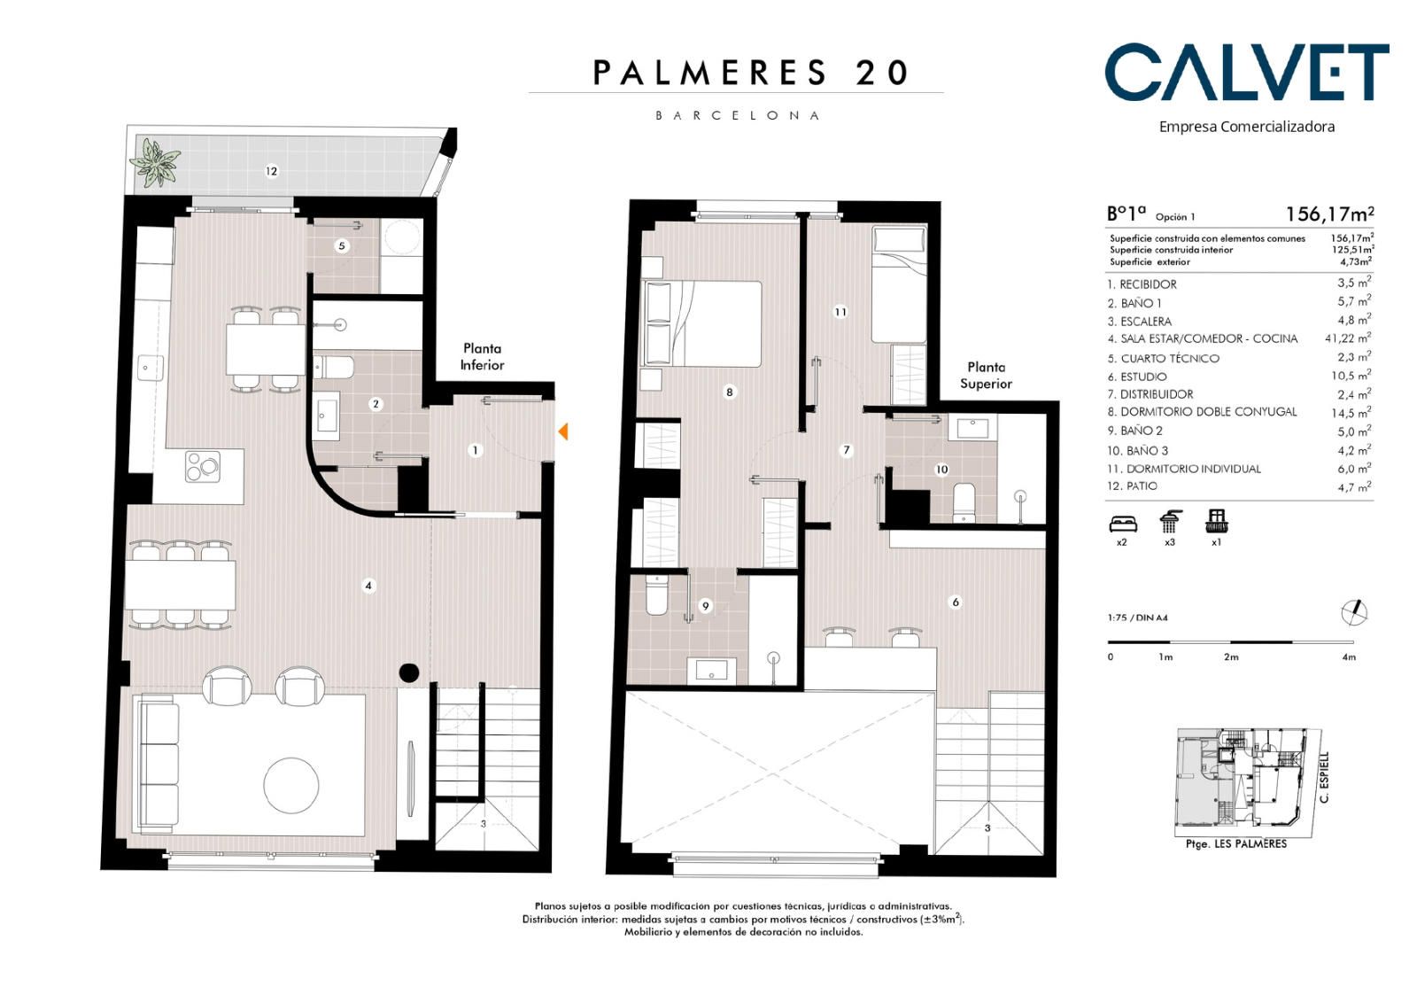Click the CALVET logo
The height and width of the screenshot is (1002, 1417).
pyautogui.click(x=1246, y=72)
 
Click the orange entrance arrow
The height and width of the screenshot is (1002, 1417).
pyautogui.click(x=562, y=431)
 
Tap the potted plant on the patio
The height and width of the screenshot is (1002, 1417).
pyautogui.click(x=155, y=162)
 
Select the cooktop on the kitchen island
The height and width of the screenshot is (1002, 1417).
pyautogui.click(x=203, y=467)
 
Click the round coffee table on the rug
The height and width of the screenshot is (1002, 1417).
pyautogui.click(x=291, y=786)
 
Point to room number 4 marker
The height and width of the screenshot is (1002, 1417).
pyautogui.click(x=368, y=586)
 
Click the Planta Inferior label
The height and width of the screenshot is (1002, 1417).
pyautogui.click(x=482, y=357)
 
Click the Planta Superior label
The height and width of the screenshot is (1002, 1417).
pyautogui.click(x=987, y=376)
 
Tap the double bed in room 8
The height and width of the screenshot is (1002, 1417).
pyautogui.click(x=701, y=324)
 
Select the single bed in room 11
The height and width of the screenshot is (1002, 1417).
pyautogui.click(x=899, y=284)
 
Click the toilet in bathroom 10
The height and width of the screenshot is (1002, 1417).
pyautogui.click(x=964, y=502)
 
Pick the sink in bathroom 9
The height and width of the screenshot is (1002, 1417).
pyautogui.click(x=711, y=669)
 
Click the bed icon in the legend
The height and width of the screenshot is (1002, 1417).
pyautogui.click(x=1123, y=523)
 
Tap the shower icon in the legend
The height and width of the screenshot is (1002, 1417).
pyautogui.click(x=1170, y=522)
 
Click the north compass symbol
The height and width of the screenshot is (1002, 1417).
pyautogui.click(x=1355, y=612)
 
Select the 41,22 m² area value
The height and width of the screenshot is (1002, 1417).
pyautogui.click(x=1348, y=338)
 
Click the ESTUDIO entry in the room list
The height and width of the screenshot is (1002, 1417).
pyautogui.click(x=1137, y=377)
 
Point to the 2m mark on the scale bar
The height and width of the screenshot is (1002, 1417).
pyautogui.click(x=1231, y=657)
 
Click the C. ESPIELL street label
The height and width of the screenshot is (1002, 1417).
pyautogui.click(x=1324, y=777)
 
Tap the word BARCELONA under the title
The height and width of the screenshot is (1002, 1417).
pyautogui.click(x=737, y=116)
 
